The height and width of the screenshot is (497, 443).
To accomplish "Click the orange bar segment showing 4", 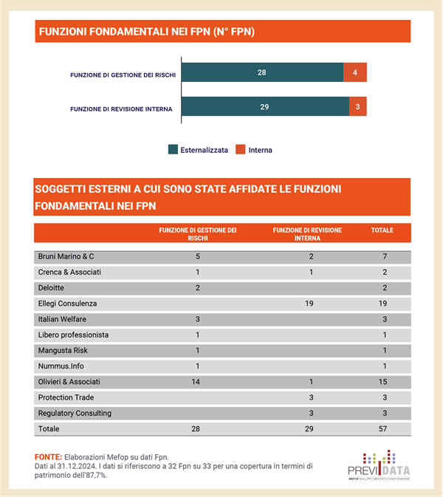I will click(355, 72).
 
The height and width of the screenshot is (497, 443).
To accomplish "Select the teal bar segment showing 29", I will click(264, 107).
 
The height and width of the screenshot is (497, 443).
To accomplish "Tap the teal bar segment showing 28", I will click(262, 72).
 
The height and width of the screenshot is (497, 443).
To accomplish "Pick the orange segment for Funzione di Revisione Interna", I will click(357, 107).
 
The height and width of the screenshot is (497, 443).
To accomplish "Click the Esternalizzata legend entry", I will click(198, 150).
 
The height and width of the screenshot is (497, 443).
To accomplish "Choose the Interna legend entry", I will click(254, 150).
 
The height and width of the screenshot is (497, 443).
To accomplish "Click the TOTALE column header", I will click(382, 230).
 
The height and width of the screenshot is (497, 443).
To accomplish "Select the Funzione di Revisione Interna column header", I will click(307, 234).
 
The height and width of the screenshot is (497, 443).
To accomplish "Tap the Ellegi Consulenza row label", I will click(67, 304).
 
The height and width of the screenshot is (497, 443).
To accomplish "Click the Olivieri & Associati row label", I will click(69, 382).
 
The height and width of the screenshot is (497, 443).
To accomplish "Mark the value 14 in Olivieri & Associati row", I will click(198, 382).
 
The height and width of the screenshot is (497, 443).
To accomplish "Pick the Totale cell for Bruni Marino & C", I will click(382, 256).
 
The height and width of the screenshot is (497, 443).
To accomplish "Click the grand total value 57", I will click(382, 428).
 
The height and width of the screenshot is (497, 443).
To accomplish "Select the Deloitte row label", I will click(51, 288).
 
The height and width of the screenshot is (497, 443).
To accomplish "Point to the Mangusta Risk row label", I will click(63, 350).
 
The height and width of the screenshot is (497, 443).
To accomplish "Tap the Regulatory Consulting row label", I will click(75, 413).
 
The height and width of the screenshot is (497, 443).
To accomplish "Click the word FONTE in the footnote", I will click(47, 457).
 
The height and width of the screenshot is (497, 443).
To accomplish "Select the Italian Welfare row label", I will click(63, 319).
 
